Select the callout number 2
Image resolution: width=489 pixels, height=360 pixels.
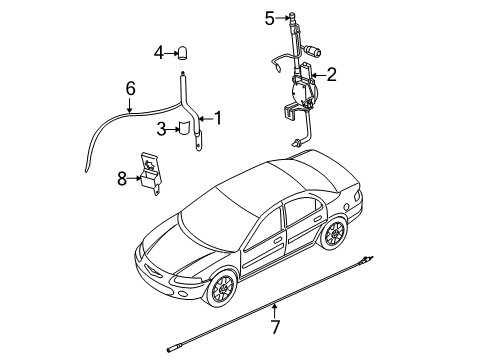pyautogui.click(x=332, y=74)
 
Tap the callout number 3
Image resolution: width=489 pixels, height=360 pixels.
pyautogui.click(x=160, y=127)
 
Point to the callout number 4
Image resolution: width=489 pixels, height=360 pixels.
pyautogui.click(x=159, y=52)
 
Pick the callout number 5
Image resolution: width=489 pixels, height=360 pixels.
pyautogui.click(x=269, y=16)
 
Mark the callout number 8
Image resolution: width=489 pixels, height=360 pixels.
pyautogui.click(x=122, y=178)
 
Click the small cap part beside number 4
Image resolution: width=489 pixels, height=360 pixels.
pyautogui.click(x=185, y=52)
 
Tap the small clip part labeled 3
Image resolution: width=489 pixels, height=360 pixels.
pyautogui.click(x=183, y=128)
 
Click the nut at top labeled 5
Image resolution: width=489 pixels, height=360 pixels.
pyautogui.click(x=291, y=16)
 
